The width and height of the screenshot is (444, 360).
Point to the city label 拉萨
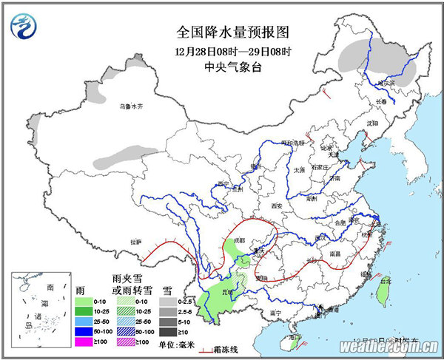[135, 242]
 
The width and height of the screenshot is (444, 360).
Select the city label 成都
[238, 240]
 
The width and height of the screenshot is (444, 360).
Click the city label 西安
[277, 205]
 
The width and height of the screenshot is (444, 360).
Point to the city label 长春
[380, 101]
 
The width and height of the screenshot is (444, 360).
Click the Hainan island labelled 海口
[296, 341]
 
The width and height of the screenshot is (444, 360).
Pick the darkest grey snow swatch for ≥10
[169, 333]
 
